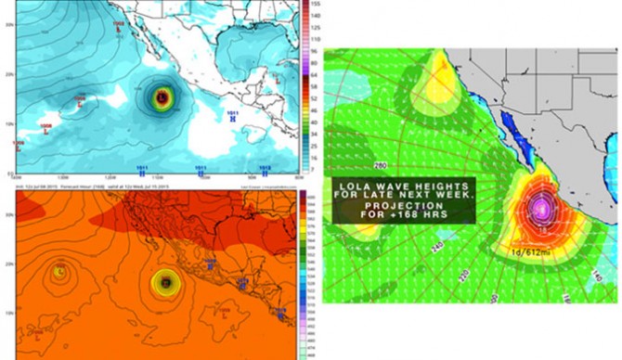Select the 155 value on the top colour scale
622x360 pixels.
[x=316, y=5]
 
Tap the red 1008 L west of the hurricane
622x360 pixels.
[x=80, y=97]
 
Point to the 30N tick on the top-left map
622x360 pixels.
[x=8, y=25]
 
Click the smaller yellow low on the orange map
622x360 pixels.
[x=59, y=272]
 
